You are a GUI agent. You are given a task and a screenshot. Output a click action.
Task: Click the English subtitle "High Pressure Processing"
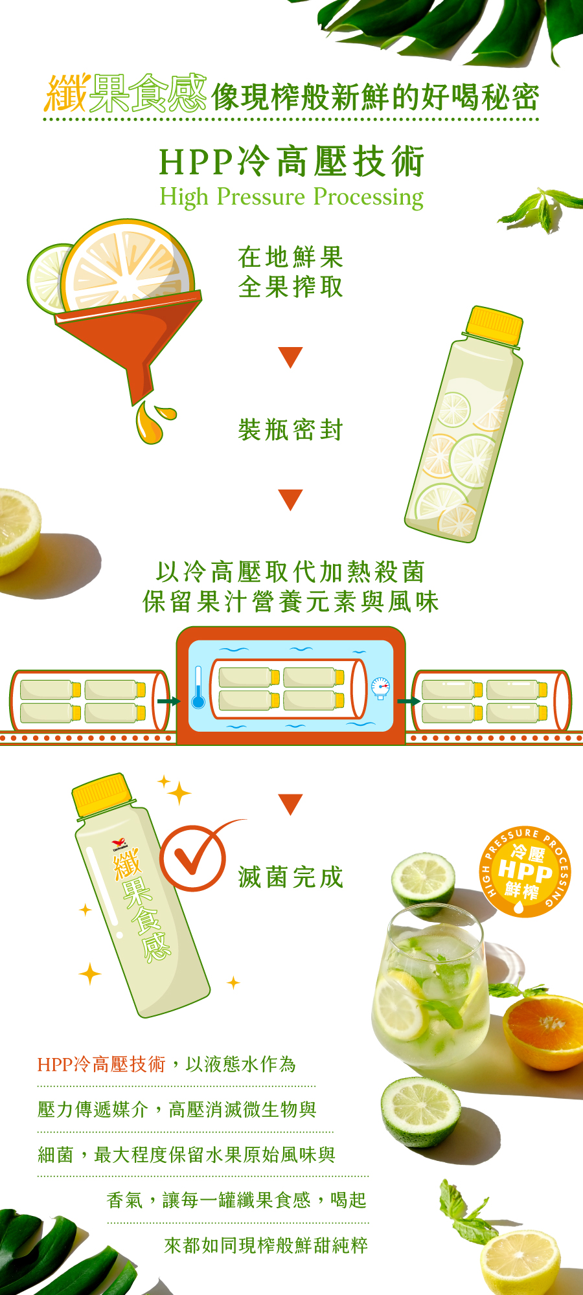tap(291, 197)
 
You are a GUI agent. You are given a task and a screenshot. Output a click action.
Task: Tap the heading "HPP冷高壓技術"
tap(291, 161)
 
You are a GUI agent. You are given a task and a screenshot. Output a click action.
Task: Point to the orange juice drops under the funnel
tap(154, 422)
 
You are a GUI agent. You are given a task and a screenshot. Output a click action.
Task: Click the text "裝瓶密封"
tap(291, 429)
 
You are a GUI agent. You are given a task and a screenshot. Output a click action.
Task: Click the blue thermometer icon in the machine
tap(198, 687)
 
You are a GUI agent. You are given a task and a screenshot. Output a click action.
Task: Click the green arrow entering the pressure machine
tap(169, 701)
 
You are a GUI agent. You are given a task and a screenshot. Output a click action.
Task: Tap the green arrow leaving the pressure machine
tap(409, 701)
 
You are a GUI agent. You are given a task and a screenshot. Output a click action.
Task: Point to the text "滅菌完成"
tap(291, 877)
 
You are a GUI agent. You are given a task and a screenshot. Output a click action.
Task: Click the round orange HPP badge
tap(525, 872)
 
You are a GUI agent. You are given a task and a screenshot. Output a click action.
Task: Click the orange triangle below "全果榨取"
tap(290, 357)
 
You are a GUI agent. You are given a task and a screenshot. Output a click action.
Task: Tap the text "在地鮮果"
tap(291, 257)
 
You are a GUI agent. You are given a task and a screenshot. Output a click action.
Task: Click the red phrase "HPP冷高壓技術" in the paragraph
tap(101, 1064)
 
